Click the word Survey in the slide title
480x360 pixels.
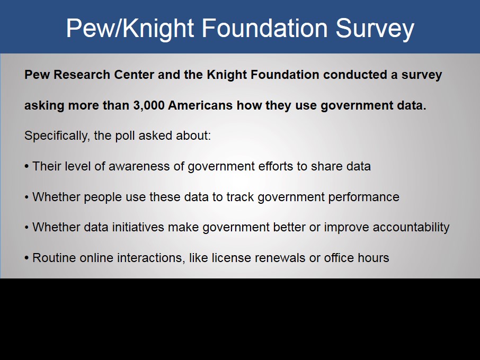pos(375,29)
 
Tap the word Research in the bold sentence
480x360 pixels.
pos(82,75)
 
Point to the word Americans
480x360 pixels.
pos(200,105)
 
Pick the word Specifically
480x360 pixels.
pos(57,136)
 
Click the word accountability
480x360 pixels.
pos(411,228)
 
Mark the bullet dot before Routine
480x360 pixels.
pos(26,258)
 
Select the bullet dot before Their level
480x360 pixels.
pos(26,167)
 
